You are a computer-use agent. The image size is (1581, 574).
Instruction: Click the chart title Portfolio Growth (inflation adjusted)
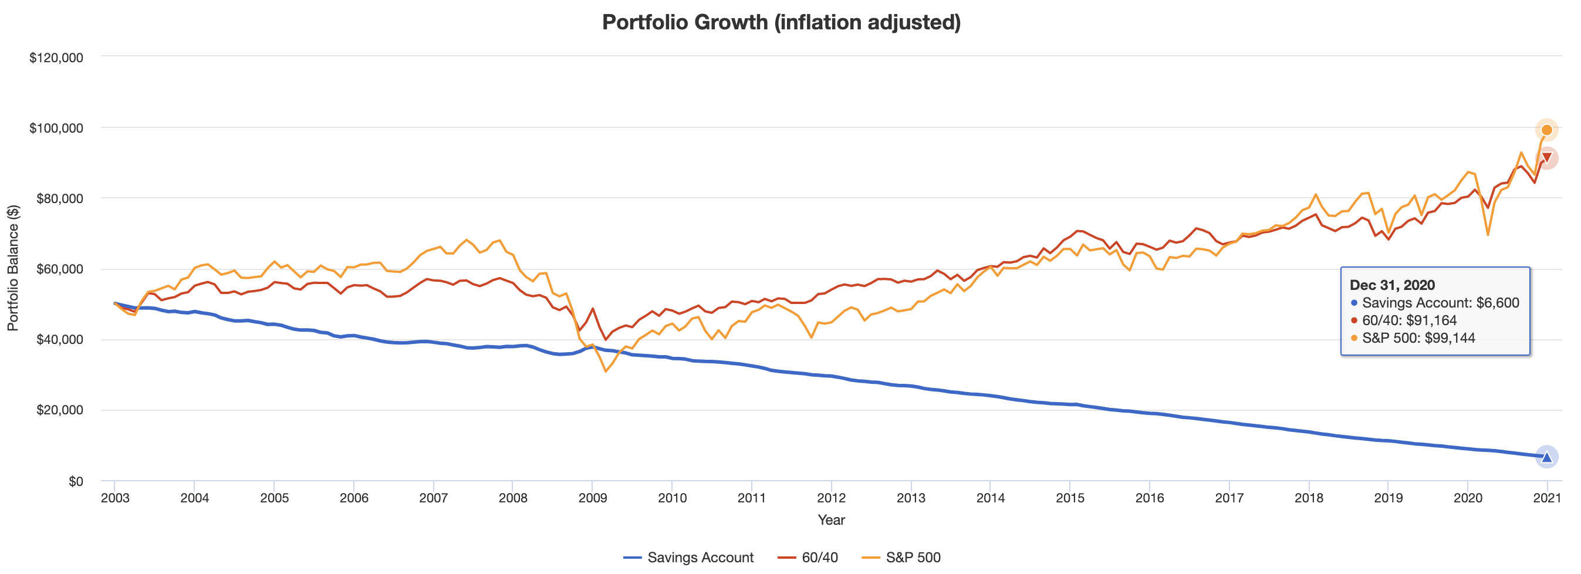pyautogui.click(x=781, y=23)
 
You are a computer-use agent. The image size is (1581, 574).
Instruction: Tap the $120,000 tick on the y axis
pyautogui.click(x=56, y=58)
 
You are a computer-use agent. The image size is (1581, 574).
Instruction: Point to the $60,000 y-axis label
pyautogui.click(x=59, y=269)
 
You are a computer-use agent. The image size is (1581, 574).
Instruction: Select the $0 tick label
pyautogui.click(x=76, y=481)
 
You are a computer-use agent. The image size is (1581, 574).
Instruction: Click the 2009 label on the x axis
pyautogui.click(x=592, y=498)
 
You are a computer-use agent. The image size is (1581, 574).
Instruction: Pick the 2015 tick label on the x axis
pyautogui.click(x=1070, y=498)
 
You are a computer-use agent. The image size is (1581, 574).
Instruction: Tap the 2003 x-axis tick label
pyautogui.click(x=115, y=498)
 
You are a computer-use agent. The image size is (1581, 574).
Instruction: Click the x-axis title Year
pyautogui.click(x=831, y=520)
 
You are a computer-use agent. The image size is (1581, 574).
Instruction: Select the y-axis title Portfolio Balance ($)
pyautogui.click(x=13, y=268)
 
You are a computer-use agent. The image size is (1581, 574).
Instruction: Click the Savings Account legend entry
pyautogui.click(x=688, y=558)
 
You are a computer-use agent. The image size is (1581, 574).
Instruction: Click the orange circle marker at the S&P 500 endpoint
pyautogui.click(x=1546, y=130)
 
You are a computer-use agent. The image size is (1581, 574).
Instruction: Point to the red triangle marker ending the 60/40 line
pyautogui.click(x=1546, y=158)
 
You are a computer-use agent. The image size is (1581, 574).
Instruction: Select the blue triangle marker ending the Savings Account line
pyautogui.click(x=1546, y=457)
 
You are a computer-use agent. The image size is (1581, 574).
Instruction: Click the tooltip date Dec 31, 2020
pyautogui.click(x=1392, y=285)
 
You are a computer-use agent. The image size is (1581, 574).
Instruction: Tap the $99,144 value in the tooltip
pyautogui.click(x=1449, y=337)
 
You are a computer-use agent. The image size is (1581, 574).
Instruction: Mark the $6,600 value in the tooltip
pyautogui.click(x=1498, y=303)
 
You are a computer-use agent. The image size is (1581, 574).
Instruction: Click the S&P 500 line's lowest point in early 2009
pyautogui.click(x=606, y=372)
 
